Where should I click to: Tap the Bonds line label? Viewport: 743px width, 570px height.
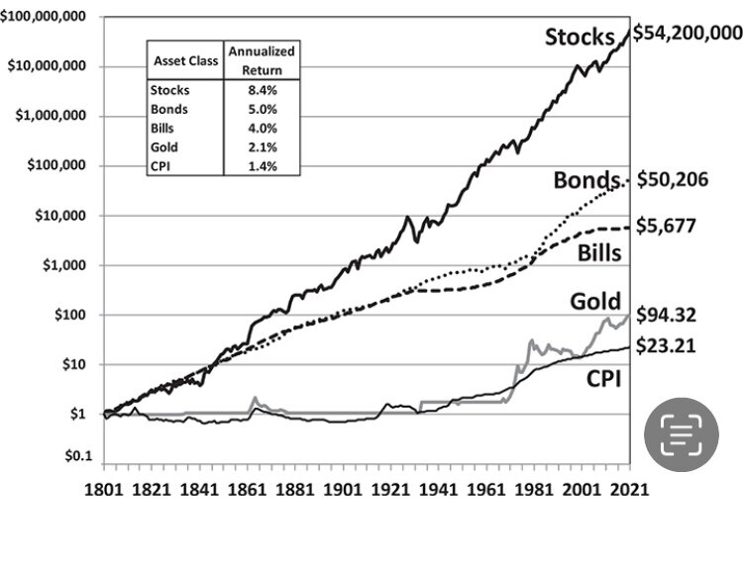[x=586, y=181]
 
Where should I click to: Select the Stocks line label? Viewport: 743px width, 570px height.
[x=580, y=38]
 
